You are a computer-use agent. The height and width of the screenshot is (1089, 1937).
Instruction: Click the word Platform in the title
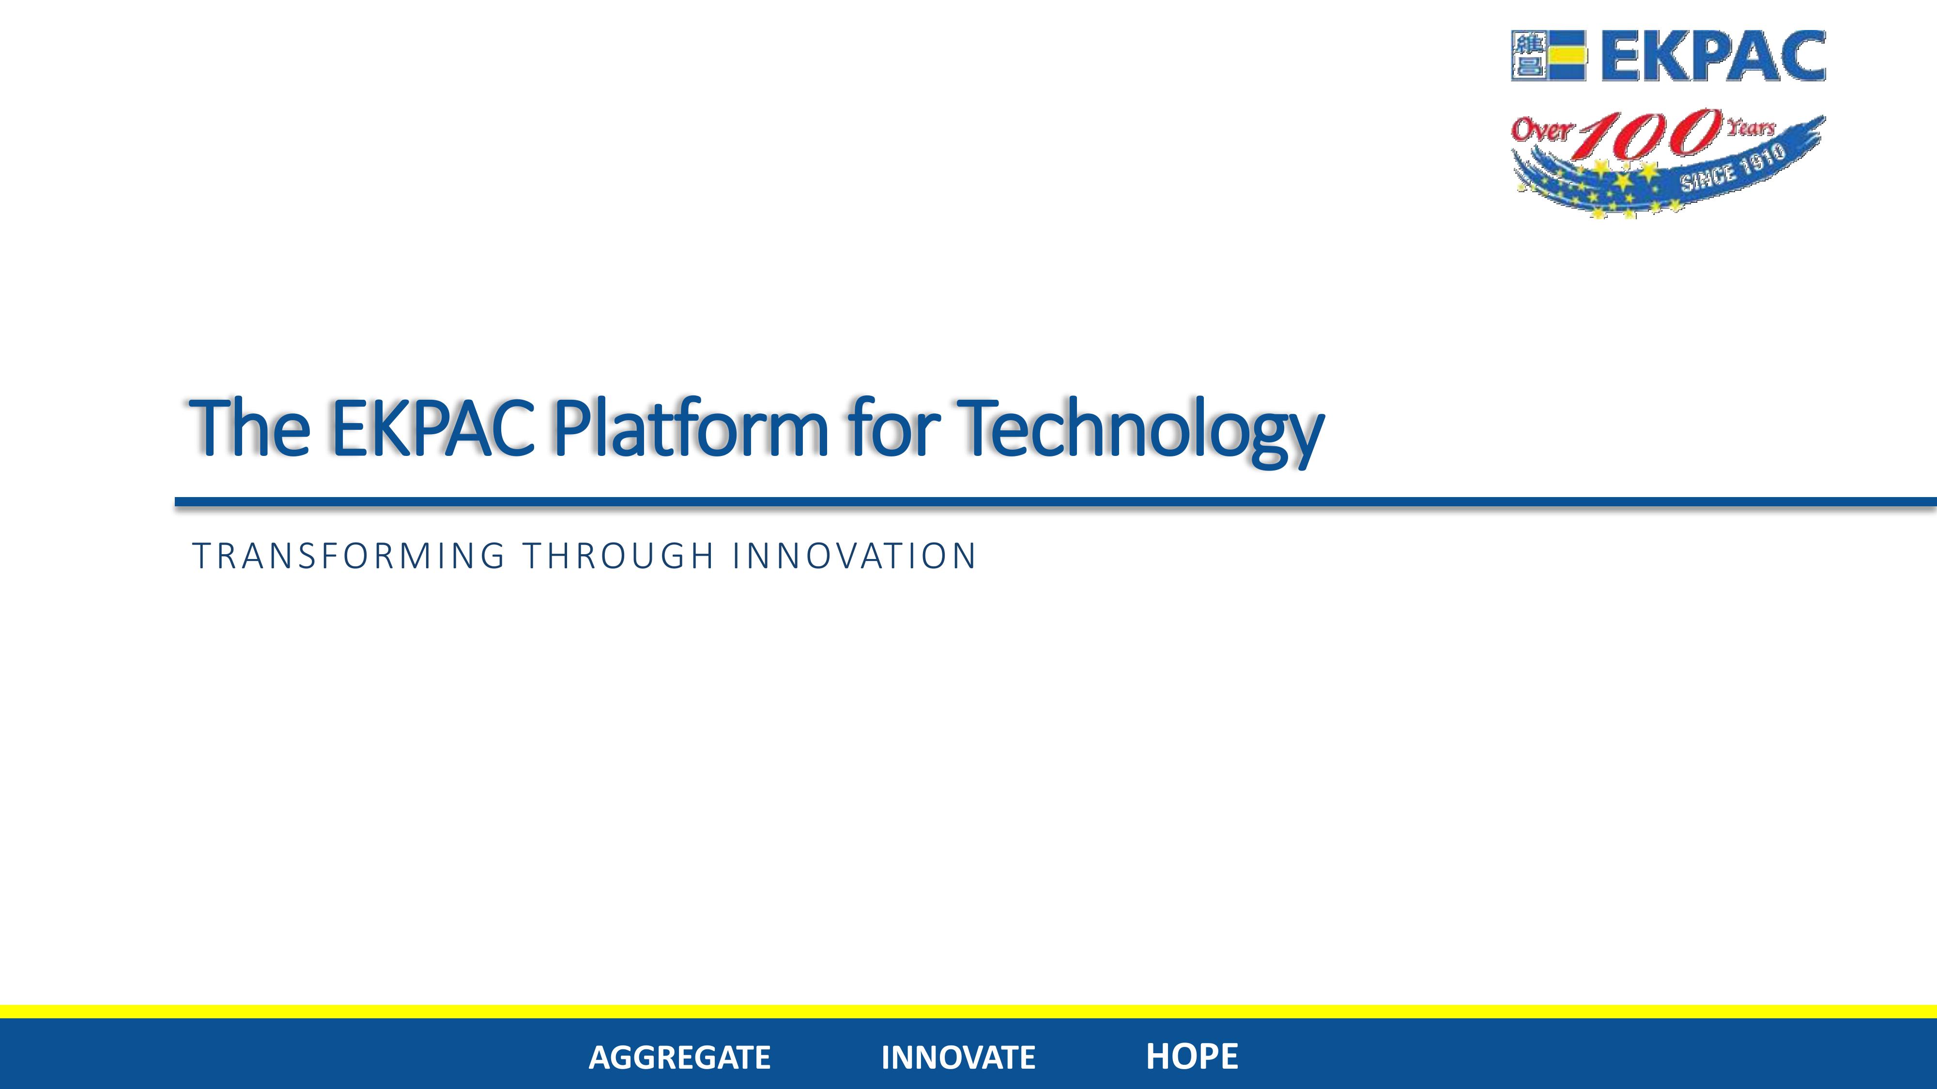coord(690,427)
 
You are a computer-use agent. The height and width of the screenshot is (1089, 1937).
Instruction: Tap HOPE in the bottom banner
coord(1192,1056)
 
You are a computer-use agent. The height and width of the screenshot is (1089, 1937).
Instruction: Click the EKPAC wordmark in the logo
coord(1713,56)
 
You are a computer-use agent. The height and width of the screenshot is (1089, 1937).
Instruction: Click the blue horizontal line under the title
coord(1056,502)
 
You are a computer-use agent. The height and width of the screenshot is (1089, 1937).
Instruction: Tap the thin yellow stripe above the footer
coord(968,1012)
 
